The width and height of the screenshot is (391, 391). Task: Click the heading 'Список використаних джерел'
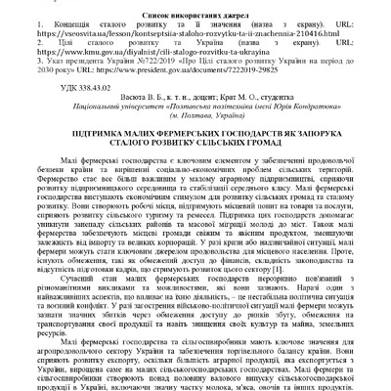click(x=195, y=9)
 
